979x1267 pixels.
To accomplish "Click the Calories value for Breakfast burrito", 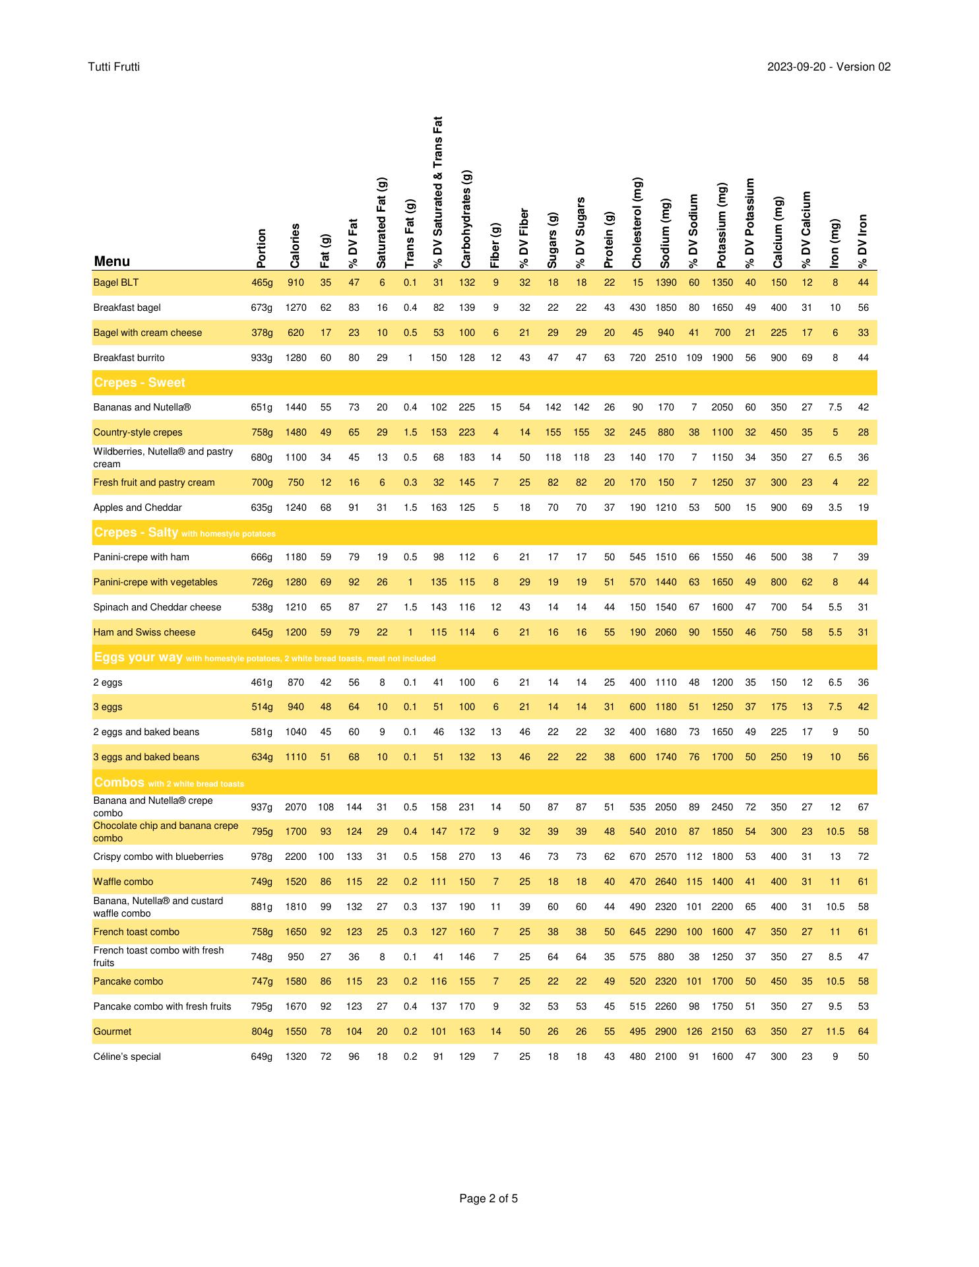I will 296,358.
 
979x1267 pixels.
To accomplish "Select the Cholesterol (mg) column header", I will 637,223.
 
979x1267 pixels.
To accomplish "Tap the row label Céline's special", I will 127,1056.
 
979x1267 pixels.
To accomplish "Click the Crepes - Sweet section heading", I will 140,383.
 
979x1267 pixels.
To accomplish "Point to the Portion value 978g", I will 261,857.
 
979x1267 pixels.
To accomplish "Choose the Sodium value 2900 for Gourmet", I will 666,1031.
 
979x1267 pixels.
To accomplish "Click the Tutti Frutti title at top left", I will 113,67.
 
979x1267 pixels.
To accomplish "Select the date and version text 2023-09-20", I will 829,67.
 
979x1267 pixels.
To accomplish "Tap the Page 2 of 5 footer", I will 489,1198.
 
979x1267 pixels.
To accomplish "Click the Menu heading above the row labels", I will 112,261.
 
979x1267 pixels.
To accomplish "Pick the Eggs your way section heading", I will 139,657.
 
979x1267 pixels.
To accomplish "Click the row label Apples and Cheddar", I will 137,507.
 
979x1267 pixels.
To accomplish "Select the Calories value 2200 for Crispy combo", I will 296,857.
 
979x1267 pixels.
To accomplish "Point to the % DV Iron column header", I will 863,241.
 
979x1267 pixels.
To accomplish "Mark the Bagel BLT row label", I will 116,282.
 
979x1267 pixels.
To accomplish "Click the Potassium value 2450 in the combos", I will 722,806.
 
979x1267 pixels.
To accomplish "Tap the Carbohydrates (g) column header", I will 466,219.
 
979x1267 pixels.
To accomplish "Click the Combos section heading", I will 119,783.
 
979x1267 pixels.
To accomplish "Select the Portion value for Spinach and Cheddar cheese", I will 261,607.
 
